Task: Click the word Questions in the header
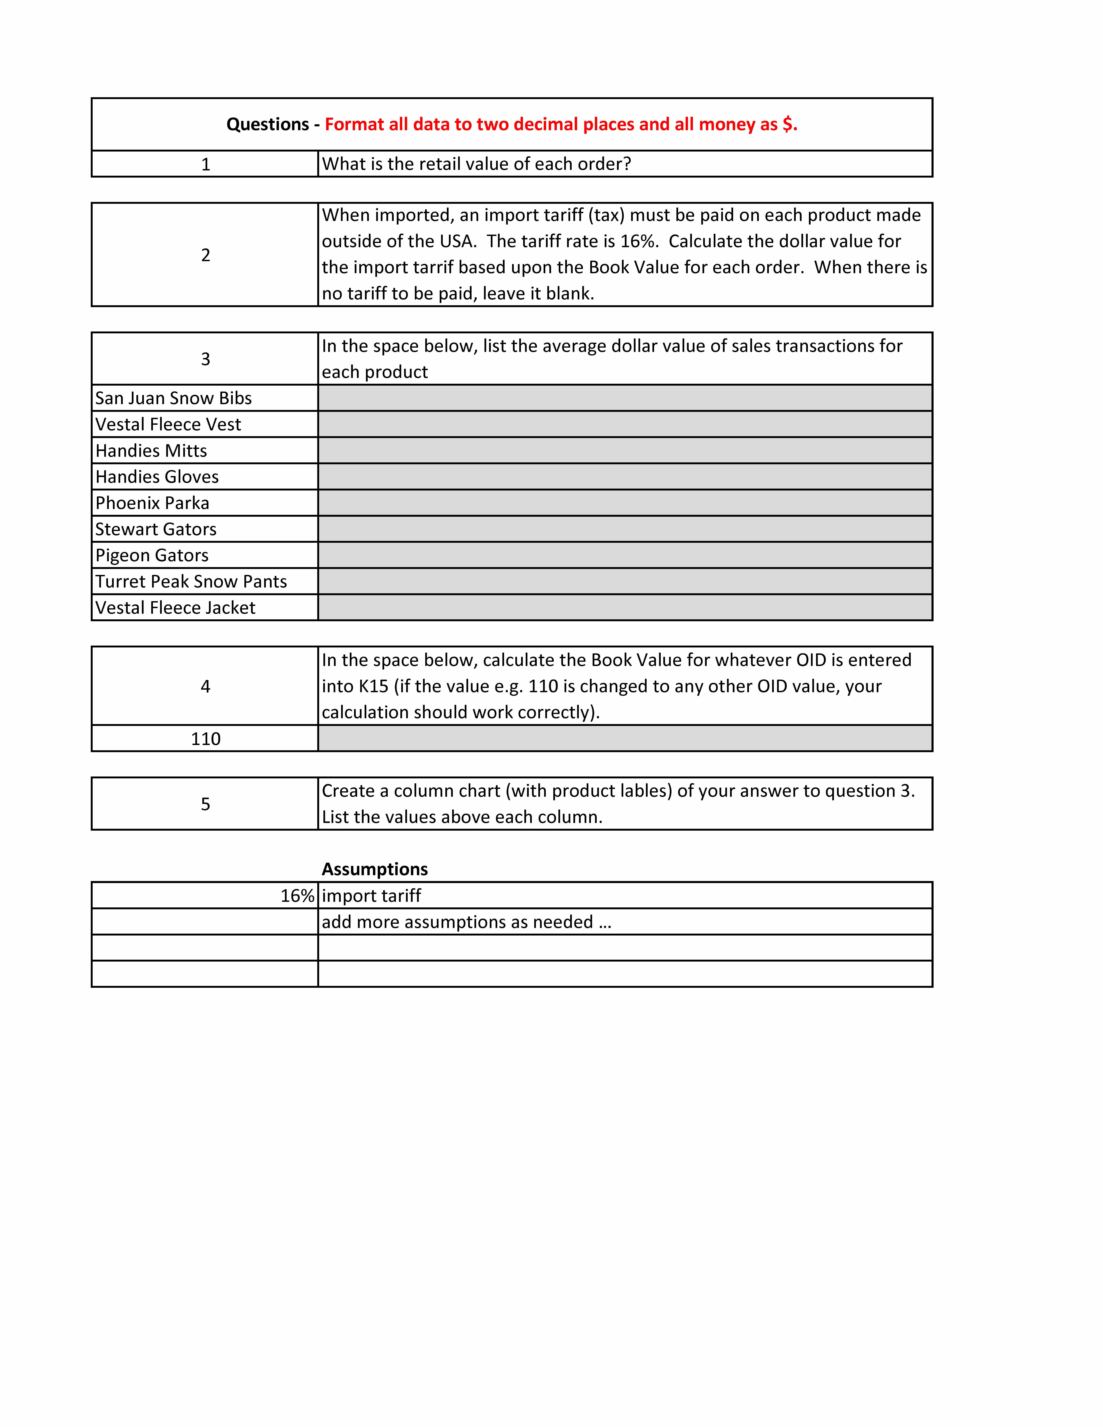tap(267, 124)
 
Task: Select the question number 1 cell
tap(205, 164)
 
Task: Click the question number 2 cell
tap(205, 255)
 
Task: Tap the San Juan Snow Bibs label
tap(173, 398)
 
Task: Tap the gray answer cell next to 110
tap(625, 738)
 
